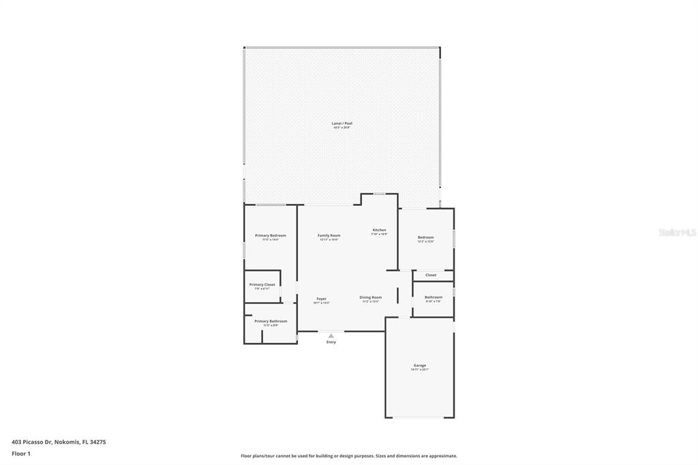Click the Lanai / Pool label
[342, 123]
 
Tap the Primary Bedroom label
[271, 235]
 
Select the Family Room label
[329, 235]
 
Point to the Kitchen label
[379, 230]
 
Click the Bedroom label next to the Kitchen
[425, 237]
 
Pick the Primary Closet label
[262, 284]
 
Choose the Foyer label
[321, 299]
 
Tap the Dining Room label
[371, 297]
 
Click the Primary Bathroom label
[271, 321]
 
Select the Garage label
[419, 365]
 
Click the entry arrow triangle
[331, 335]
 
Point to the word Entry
[331, 342]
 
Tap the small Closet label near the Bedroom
[431, 275]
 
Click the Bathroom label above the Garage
[434, 297]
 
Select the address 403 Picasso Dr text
[59, 442]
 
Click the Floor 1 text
[21, 453]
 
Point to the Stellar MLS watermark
[677, 232]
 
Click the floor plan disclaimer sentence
[349, 456]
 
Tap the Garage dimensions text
[419, 370]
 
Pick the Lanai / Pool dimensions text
[342, 127]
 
